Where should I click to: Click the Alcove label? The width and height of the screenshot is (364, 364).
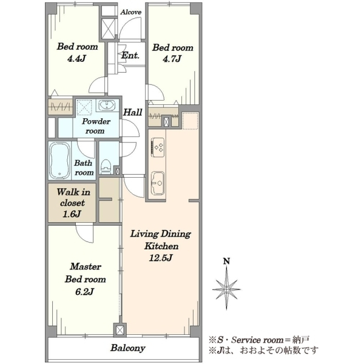point(130,12)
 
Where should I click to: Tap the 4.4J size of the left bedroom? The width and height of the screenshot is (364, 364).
point(76,59)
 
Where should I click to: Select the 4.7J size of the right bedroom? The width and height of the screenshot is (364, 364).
point(172,59)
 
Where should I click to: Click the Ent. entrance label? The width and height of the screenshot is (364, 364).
point(130,55)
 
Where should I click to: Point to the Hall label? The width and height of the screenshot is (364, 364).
point(132,112)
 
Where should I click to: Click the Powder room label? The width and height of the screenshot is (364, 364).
point(96,126)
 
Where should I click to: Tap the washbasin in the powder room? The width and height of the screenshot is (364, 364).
point(107,106)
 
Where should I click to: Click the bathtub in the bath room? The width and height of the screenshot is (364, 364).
point(59,160)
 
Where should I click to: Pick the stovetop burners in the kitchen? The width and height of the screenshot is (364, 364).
point(158,147)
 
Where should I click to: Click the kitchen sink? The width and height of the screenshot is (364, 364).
point(158,183)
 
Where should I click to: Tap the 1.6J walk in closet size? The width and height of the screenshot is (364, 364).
point(72,214)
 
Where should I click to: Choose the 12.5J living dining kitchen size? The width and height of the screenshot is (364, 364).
point(161,258)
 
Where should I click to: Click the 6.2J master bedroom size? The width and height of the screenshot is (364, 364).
point(84,292)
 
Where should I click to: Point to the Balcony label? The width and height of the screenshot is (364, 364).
point(128,348)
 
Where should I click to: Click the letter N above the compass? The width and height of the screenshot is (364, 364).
point(226,261)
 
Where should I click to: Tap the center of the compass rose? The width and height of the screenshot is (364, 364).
point(226,289)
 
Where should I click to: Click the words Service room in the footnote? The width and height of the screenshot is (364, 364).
point(257,340)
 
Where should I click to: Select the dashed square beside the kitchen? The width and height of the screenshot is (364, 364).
point(190,121)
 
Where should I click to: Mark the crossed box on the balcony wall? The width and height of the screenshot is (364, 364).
point(120,330)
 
